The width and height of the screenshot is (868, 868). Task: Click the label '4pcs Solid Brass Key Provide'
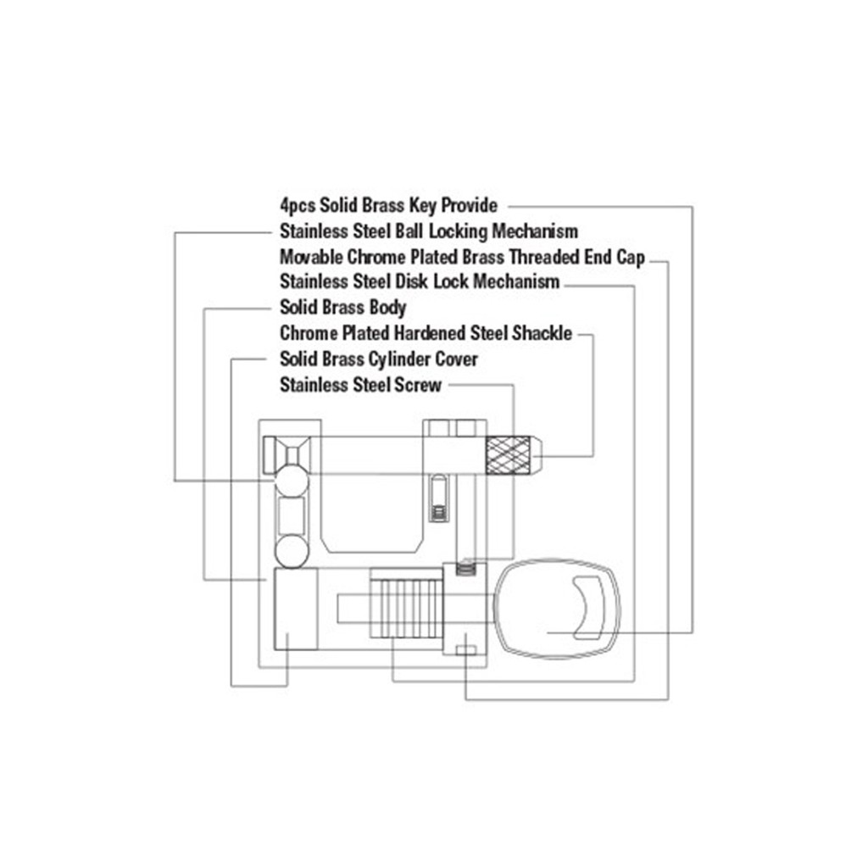tap(388, 205)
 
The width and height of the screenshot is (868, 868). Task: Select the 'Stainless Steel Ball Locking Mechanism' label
tap(429, 231)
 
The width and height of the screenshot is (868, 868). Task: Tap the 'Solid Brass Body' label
tap(342, 307)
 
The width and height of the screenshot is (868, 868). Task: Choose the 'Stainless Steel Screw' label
tap(360, 385)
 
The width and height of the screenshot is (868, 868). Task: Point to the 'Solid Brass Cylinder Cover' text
tap(378, 359)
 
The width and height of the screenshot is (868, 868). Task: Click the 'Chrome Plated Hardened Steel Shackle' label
tap(426, 333)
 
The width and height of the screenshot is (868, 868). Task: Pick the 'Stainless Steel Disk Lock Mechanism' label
tap(420, 281)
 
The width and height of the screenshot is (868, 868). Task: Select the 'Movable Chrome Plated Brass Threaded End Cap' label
tap(462, 257)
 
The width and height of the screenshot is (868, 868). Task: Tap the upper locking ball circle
tap(292, 480)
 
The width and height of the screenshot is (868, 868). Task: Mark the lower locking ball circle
tap(292, 551)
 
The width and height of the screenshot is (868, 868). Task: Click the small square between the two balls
tap(291, 515)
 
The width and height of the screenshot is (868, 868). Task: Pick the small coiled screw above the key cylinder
tap(465, 568)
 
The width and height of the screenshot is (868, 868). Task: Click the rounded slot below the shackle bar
tap(437, 498)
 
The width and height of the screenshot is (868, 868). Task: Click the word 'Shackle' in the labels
tap(542, 333)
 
